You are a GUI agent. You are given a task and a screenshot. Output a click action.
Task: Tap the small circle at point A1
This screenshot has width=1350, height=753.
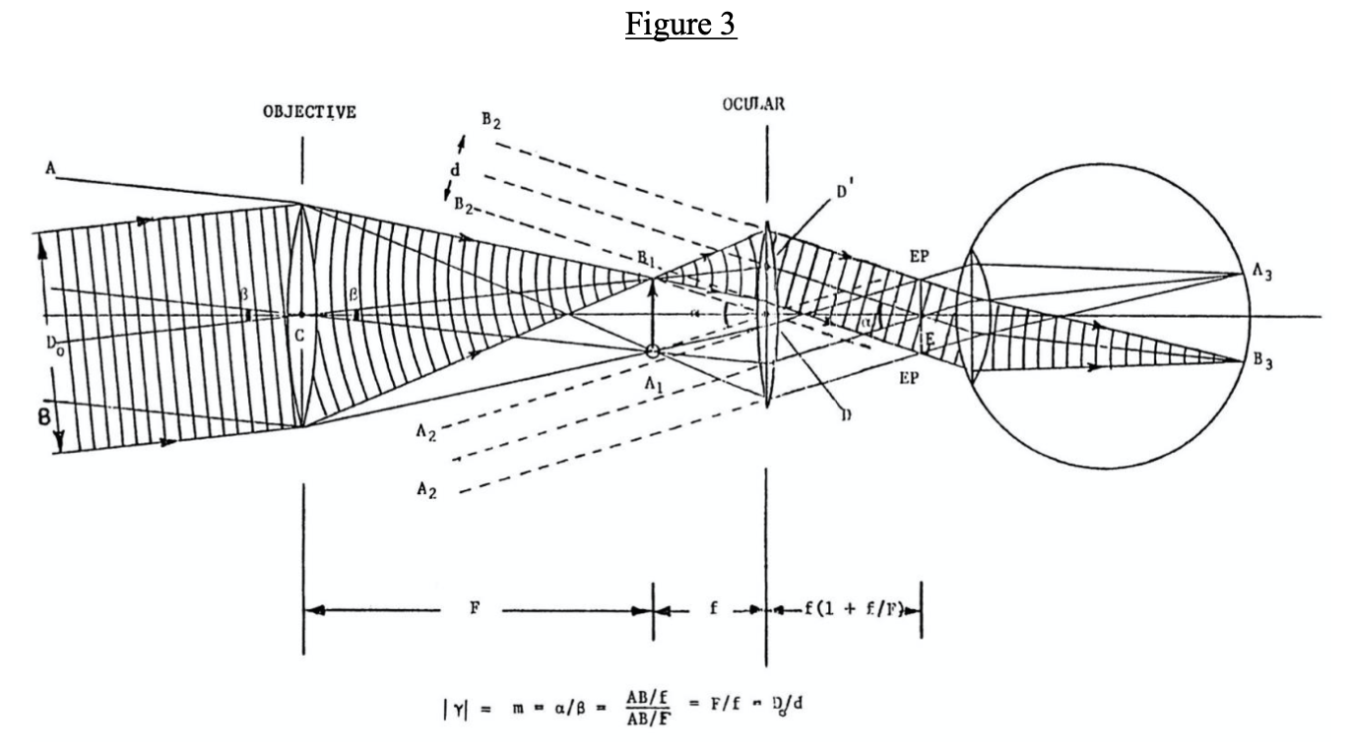[652, 350]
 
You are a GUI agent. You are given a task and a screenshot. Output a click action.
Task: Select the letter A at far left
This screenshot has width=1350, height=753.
[48, 170]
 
